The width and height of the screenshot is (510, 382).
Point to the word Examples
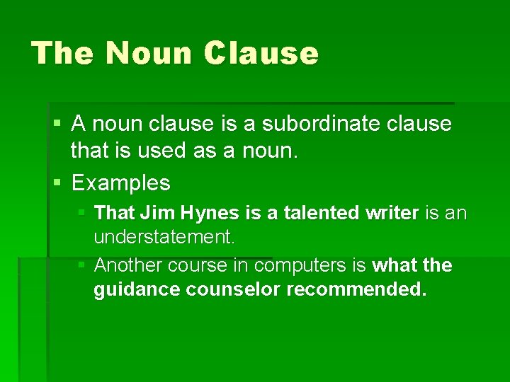(121, 183)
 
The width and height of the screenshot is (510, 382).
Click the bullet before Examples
(57, 183)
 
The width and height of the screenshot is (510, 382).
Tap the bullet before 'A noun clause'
(57, 124)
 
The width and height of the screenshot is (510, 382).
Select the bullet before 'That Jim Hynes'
(83, 212)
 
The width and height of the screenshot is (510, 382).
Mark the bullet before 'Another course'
(83, 265)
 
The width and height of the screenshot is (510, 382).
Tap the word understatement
(164, 237)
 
